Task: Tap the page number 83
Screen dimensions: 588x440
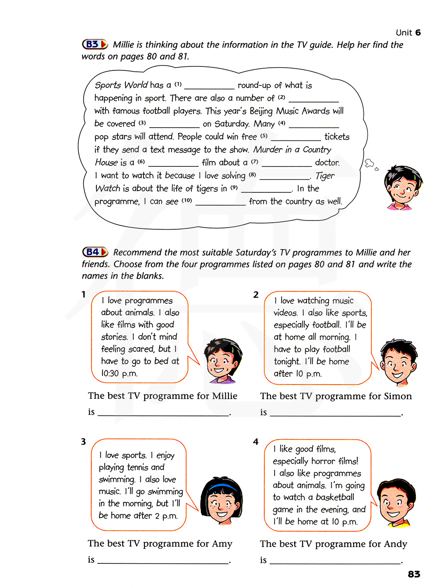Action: (x=414, y=574)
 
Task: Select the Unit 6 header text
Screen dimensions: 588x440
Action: (x=408, y=33)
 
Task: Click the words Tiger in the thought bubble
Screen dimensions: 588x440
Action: (x=325, y=176)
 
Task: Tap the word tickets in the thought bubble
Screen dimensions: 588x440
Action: (x=337, y=137)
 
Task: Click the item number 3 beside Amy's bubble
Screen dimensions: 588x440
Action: (x=83, y=441)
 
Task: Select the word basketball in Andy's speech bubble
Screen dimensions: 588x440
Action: (x=335, y=497)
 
